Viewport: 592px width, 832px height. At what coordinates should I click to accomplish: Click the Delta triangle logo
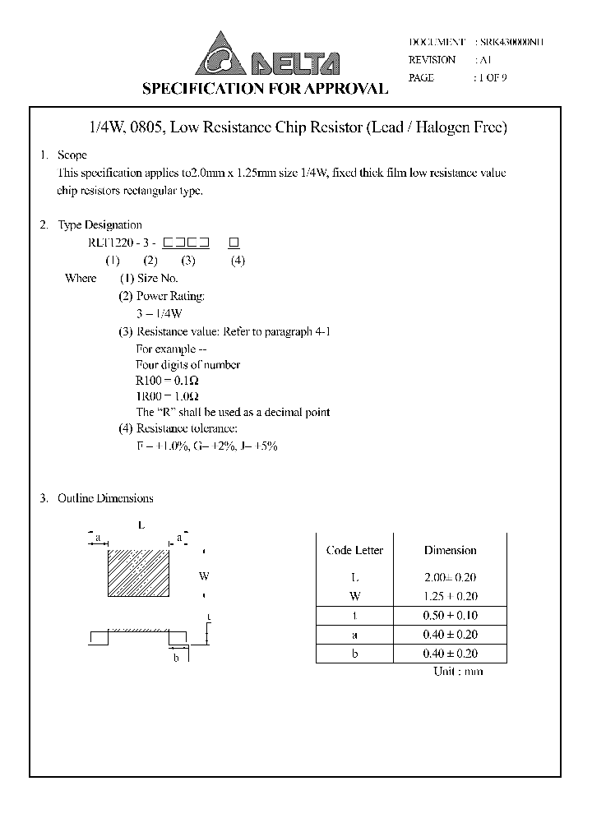[x=220, y=54]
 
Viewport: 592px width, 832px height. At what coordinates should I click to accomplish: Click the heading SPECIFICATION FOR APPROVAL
[x=266, y=89]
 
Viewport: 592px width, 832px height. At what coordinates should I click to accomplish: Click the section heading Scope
[x=72, y=155]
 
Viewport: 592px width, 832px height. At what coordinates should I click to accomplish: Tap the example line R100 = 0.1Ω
[x=167, y=381]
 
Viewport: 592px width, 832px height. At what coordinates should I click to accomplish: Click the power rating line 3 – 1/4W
[x=159, y=313]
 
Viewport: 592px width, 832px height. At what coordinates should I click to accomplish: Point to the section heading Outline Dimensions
[x=104, y=498]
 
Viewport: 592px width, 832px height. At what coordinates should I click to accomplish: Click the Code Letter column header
[x=354, y=550]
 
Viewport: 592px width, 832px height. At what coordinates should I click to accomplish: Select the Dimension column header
[x=450, y=550]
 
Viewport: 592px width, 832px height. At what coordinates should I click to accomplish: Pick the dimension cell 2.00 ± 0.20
[x=450, y=578]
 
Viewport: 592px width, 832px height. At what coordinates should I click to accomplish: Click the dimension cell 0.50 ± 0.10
[x=450, y=615]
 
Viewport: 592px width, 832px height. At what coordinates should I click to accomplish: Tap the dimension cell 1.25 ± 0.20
[x=450, y=596]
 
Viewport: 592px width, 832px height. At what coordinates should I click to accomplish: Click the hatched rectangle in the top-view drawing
[x=138, y=573]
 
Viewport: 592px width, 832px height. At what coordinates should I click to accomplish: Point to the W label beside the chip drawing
[x=204, y=576]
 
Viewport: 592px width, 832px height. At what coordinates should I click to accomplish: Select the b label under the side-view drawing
[x=176, y=658]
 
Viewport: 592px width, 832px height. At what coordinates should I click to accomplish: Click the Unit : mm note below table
[x=458, y=672]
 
